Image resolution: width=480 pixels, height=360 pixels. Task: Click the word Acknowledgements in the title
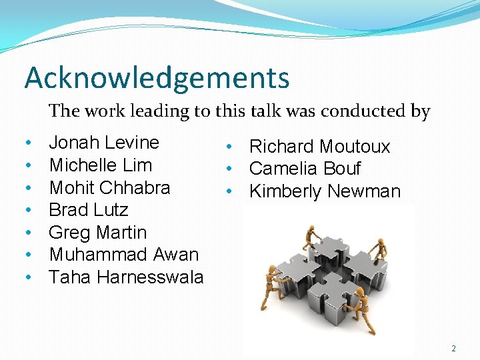coord(157,78)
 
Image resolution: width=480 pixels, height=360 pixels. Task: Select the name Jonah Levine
coord(104,143)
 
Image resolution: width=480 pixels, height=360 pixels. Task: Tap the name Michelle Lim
coord(101,165)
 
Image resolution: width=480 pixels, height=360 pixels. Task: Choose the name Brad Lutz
coord(89,210)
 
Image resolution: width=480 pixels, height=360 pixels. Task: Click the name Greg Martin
coord(97,233)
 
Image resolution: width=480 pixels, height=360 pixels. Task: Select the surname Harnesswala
coord(150,277)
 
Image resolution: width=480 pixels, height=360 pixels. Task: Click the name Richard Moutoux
coord(319,147)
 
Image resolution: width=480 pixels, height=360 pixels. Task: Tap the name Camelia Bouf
coord(305,169)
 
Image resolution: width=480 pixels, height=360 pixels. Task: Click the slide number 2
coord(454,348)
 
